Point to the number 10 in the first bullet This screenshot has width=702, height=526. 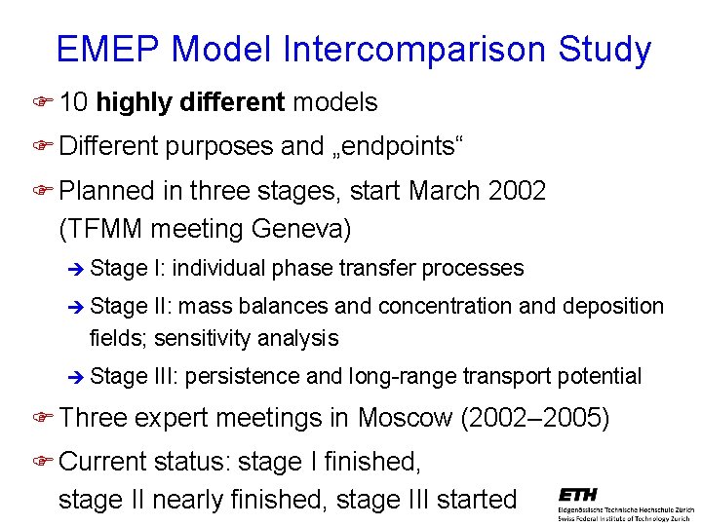(x=74, y=101)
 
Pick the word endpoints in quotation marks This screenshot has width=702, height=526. (x=399, y=146)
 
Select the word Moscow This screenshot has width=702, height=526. (x=405, y=418)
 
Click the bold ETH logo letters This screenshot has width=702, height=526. (x=578, y=496)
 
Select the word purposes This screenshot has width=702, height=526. (x=219, y=146)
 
